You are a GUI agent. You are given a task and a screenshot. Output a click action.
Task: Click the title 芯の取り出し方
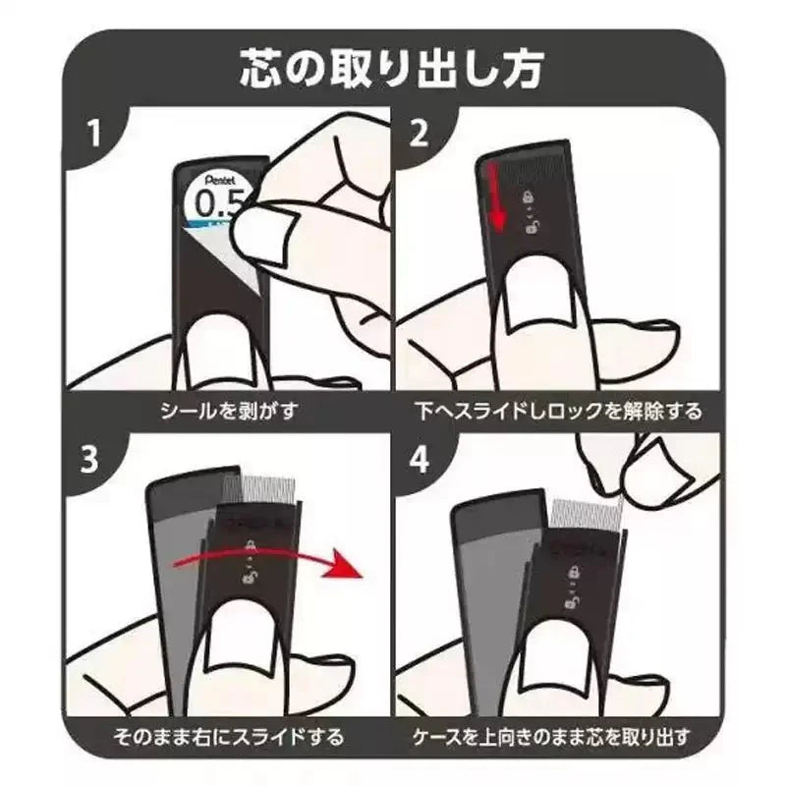pyautogui.click(x=391, y=68)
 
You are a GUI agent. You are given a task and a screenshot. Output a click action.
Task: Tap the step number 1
pyautogui.click(x=93, y=134)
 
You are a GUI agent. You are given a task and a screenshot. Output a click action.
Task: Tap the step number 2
pyautogui.click(x=419, y=134)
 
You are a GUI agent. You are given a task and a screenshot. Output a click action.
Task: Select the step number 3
pyautogui.click(x=89, y=459)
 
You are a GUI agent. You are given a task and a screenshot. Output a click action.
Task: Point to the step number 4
pyautogui.click(x=420, y=459)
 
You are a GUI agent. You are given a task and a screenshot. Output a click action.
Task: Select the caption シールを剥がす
pyautogui.click(x=229, y=412)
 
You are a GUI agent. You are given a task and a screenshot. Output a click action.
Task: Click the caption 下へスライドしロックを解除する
pyautogui.click(x=559, y=412)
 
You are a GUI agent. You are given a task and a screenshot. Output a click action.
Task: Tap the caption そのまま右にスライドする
pyautogui.click(x=229, y=737)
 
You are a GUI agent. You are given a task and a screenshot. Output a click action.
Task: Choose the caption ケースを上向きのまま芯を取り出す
pyautogui.click(x=552, y=737)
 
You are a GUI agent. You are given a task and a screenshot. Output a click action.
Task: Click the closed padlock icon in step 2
pyautogui.click(x=529, y=196)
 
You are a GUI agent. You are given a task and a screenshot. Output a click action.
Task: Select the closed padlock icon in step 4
pyautogui.click(x=573, y=572)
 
